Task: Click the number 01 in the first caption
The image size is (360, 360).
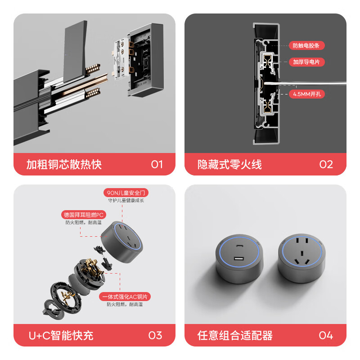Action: click(157, 164)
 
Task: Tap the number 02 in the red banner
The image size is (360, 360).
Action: click(326, 164)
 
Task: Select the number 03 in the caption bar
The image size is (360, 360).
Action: click(155, 335)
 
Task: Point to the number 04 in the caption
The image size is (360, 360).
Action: click(326, 335)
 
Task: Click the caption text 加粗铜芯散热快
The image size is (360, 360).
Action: click(64, 164)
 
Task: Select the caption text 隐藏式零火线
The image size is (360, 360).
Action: click(229, 164)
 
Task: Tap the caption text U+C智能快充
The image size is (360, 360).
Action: click(61, 335)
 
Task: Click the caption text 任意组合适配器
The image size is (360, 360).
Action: click(235, 335)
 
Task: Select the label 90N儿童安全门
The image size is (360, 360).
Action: click(126, 193)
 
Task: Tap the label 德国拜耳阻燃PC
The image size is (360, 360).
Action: click(83, 215)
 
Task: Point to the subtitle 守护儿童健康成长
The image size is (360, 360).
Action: click(126, 200)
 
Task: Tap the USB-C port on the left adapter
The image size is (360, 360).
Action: click(239, 246)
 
